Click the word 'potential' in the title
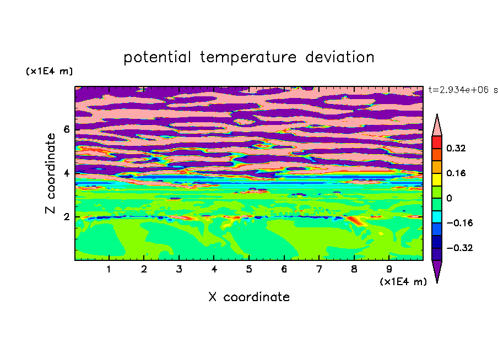[x=157, y=58]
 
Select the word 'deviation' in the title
[x=339, y=57]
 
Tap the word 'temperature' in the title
[x=248, y=58]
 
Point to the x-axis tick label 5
[x=249, y=269]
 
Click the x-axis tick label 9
[x=389, y=269]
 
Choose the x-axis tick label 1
[x=109, y=269]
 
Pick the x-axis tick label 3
[x=179, y=269]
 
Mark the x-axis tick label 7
[x=319, y=269]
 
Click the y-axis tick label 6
[x=66, y=129]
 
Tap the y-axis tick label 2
[x=66, y=217]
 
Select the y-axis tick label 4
[x=66, y=173]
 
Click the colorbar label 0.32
[x=456, y=148]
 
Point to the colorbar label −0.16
[x=459, y=223]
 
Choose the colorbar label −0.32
[x=459, y=248]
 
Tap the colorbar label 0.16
[x=456, y=173]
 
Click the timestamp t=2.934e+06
[x=459, y=90]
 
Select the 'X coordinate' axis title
[x=249, y=297]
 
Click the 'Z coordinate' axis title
[x=50, y=173]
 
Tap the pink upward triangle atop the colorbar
[x=437, y=125]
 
